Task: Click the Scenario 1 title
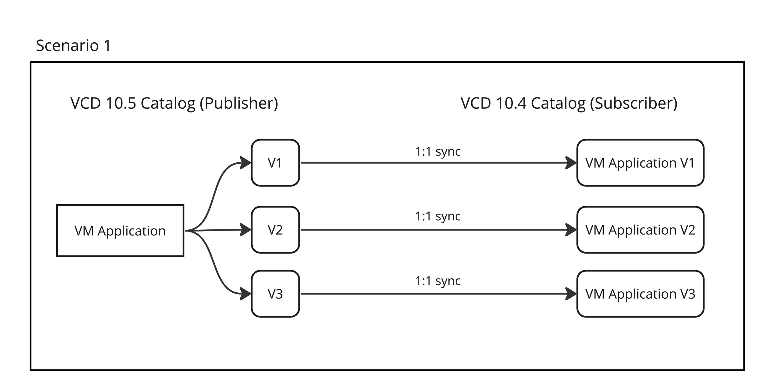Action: pos(73,46)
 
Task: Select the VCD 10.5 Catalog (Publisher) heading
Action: pos(174,103)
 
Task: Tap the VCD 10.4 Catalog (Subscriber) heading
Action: pos(569,103)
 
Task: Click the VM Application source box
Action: pos(120,231)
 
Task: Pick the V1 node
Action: pos(275,163)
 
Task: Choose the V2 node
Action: pos(275,230)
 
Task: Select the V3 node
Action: pos(275,294)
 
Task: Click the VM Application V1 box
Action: pos(640,163)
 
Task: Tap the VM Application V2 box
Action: pos(640,230)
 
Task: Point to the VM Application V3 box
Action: pos(640,294)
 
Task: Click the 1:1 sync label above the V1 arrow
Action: pos(438,151)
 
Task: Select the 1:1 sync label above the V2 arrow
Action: pos(438,216)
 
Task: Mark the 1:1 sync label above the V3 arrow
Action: pos(438,281)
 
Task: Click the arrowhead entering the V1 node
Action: pos(246,163)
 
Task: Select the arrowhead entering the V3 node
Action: pos(246,294)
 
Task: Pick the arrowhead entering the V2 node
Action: pos(246,230)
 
